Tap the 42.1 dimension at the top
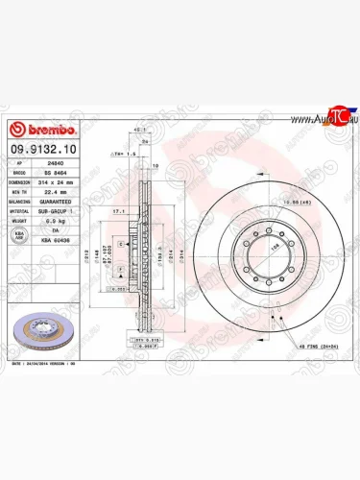point(139,130)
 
